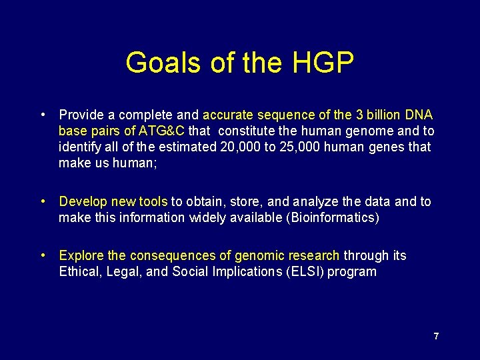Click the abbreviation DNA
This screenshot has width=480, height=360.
417,115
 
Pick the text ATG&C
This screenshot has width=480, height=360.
161,131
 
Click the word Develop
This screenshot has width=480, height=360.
81,201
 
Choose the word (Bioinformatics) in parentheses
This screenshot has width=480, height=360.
332,217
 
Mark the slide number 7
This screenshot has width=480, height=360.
436,336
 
